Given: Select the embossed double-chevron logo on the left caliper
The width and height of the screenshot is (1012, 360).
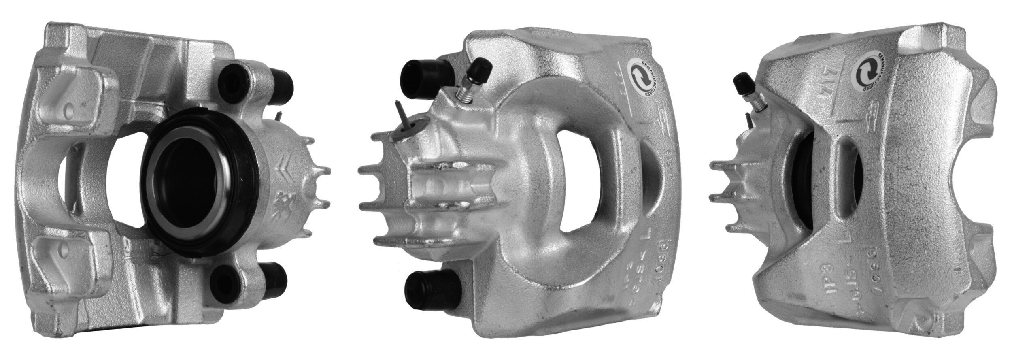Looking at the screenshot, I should [x=285, y=177].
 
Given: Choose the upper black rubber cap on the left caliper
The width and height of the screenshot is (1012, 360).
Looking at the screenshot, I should [x=281, y=82].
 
